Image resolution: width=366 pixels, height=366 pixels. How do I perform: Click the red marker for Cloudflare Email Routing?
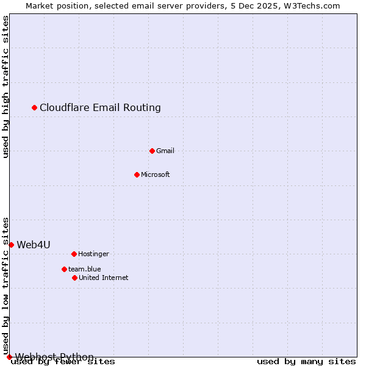(35, 108)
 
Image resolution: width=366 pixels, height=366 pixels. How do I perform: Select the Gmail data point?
(152, 151)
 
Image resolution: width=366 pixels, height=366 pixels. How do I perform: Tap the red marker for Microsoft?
(137, 174)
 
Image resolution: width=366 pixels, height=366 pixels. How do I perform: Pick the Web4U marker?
(11, 245)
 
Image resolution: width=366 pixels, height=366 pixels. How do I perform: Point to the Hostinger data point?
(74, 254)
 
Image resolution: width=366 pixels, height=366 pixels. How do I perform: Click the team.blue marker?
(64, 269)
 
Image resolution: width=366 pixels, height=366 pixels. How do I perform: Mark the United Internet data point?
(74, 278)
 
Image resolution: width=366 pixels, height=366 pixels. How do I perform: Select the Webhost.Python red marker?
(9, 357)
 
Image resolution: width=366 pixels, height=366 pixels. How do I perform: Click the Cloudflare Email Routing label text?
(100, 108)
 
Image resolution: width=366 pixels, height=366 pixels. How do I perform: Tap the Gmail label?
(165, 151)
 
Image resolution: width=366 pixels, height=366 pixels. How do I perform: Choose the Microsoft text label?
(156, 174)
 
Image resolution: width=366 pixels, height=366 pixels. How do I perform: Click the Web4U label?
(34, 245)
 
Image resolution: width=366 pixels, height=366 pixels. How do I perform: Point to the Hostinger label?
(93, 254)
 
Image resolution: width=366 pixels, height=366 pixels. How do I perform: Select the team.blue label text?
(85, 269)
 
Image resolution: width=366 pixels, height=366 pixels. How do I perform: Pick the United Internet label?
(104, 278)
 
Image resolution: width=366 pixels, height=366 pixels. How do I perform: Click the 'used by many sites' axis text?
(306, 362)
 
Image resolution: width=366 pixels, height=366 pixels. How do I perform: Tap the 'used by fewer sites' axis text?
(63, 362)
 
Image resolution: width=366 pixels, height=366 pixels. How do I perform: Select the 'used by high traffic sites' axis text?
(6, 87)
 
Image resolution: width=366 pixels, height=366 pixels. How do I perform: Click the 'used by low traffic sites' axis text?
(6, 285)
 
